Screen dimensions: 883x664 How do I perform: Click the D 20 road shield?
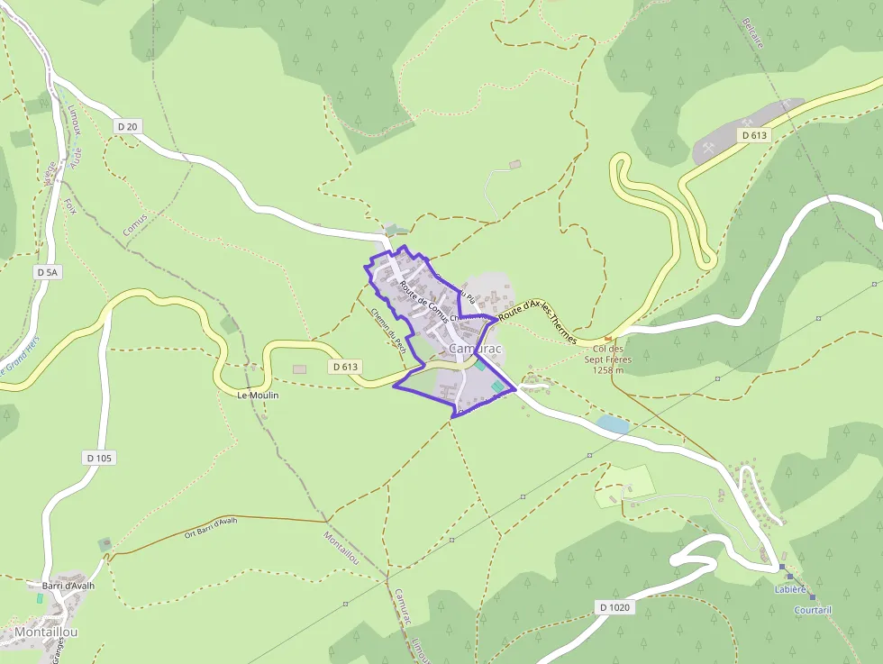click(127, 127)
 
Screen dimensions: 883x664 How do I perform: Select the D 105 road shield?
click(100, 458)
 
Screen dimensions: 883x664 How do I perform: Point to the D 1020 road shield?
click(614, 607)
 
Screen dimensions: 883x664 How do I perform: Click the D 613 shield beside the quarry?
click(753, 135)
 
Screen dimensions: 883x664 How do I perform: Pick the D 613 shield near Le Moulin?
click(344, 367)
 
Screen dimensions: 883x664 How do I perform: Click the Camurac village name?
click(475, 348)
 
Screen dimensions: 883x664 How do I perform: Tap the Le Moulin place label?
click(258, 396)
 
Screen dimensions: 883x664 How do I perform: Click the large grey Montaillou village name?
click(45, 632)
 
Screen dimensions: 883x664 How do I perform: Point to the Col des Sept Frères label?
click(608, 359)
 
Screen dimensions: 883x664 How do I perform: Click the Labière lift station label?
click(789, 589)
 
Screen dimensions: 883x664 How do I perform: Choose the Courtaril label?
click(813, 610)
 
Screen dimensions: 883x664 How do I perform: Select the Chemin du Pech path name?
click(389, 331)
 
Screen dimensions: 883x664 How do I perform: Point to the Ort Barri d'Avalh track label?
click(211, 526)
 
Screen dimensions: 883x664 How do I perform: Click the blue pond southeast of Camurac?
click(613, 423)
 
